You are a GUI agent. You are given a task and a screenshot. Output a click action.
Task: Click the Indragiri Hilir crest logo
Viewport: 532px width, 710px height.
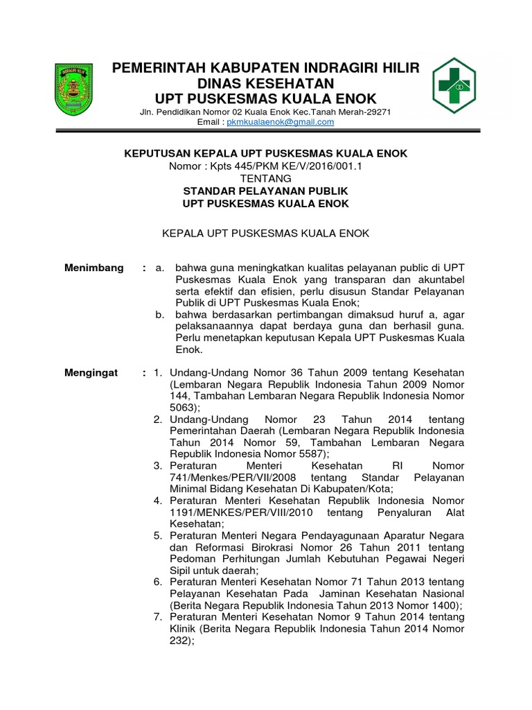[74, 89]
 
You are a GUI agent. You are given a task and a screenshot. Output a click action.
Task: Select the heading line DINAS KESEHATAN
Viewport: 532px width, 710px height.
[266, 83]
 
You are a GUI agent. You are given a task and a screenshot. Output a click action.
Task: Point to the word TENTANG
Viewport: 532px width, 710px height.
[265, 178]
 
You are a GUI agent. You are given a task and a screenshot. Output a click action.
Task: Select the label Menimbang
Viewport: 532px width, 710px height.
[94, 268]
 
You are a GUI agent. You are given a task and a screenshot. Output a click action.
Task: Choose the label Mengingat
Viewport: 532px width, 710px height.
[91, 373]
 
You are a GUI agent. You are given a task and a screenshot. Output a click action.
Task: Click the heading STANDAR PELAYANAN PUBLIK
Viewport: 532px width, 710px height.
[265, 191]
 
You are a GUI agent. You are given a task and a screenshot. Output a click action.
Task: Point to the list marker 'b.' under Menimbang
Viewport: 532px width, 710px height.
[160, 315]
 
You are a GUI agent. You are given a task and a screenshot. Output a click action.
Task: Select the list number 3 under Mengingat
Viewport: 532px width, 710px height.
[158, 466]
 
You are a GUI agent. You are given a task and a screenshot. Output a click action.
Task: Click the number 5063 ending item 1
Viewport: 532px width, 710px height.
[182, 408]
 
